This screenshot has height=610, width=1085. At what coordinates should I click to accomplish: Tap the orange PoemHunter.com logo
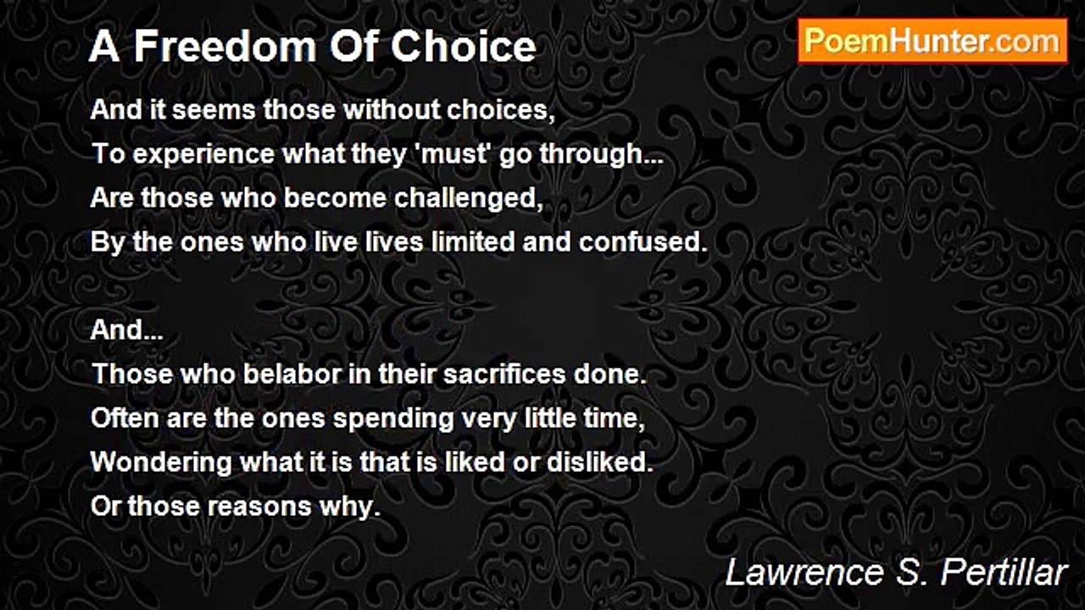(x=932, y=42)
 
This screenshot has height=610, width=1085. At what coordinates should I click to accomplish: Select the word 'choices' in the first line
(x=501, y=110)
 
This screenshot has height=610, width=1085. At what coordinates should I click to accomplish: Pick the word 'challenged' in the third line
(x=469, y=199)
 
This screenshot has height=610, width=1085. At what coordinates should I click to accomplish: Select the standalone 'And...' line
(x=127, y=330)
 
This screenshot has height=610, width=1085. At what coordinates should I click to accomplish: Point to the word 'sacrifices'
(x=504, y=374)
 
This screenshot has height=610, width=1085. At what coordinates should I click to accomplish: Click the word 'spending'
(x=393, y=419)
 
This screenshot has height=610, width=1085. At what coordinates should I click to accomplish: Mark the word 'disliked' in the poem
(x=600, y=462)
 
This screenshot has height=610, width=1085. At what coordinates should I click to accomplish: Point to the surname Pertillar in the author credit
(x=1004, y=573)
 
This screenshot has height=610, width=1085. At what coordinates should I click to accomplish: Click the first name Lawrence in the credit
(x=804, y=573)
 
